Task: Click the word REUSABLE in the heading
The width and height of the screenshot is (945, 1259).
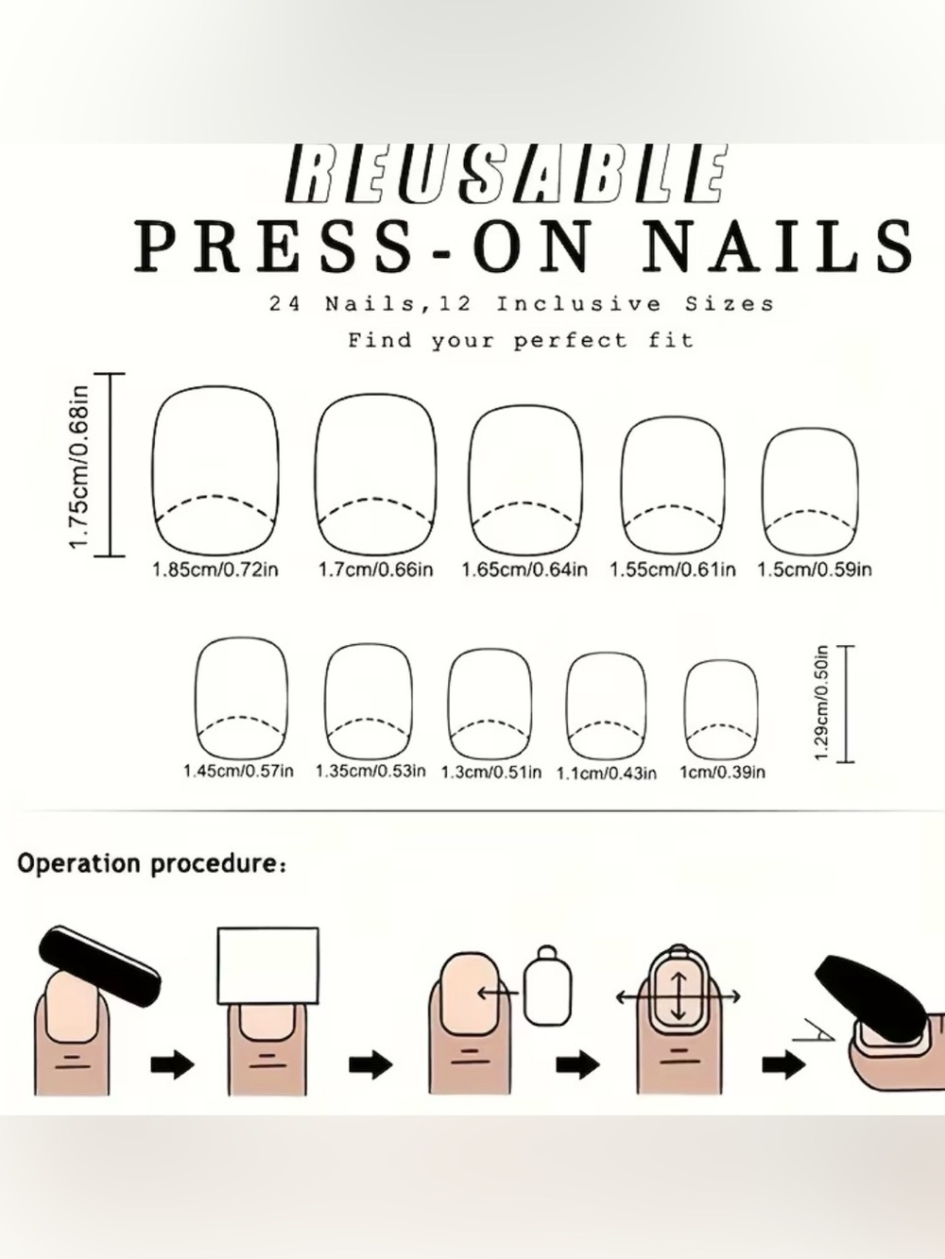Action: [x=505, y=174]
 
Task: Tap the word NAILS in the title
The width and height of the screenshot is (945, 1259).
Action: [x=778, y=246]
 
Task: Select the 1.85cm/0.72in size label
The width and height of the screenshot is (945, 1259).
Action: [x=215, y=570]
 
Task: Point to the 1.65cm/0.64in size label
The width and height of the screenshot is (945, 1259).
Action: [x=524, y=570]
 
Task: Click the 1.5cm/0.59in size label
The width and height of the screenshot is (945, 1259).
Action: [x=815, y=570]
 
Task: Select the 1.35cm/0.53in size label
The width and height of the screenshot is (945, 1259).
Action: [x=370, y=771]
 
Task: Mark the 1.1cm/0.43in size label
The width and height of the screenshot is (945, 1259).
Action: [x=607, y=774]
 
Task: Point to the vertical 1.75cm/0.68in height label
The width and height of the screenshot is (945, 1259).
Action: [x=79, y=467]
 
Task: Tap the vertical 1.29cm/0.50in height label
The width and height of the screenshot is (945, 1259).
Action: [x=821, y=703]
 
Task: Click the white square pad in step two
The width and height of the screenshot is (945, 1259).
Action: [x=268, y=966]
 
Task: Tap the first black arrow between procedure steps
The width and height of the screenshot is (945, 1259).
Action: [x=172, y=1065]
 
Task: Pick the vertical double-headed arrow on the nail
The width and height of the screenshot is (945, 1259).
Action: [x=679, y=996]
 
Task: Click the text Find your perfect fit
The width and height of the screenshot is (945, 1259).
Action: [x=521, y=341]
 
